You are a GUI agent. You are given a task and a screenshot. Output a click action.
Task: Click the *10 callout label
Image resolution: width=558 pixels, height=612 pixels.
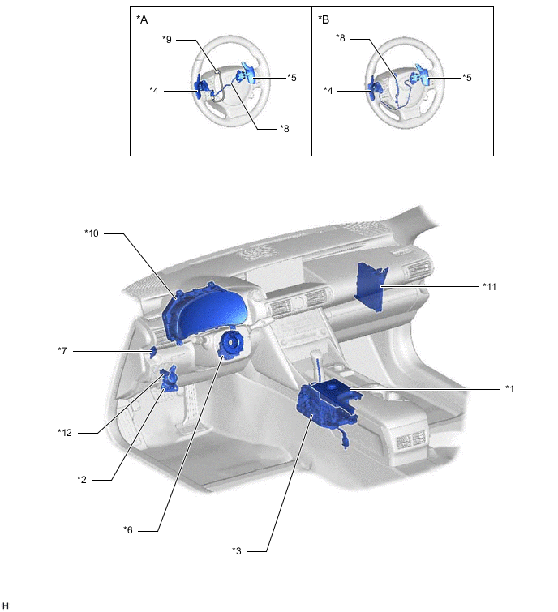[92, 233]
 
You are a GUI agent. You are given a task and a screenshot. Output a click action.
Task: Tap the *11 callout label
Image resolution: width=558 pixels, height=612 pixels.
[489, 286]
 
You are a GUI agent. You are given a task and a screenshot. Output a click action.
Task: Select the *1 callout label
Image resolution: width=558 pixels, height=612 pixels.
[509, 389]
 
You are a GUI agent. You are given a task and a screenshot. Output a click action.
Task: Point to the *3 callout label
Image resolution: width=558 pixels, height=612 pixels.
[237, 550]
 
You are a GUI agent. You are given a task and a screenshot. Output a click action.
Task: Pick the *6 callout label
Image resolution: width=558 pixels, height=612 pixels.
[128, 529]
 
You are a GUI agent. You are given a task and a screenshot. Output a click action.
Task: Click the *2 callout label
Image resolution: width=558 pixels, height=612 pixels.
[82, 479]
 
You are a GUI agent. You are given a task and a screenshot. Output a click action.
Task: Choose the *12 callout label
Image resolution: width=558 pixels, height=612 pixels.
[65, 433]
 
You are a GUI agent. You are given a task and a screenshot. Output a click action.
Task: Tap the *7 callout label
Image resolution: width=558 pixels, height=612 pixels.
[62, 350]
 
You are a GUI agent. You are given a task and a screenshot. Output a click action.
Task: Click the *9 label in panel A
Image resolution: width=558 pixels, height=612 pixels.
[167, 40]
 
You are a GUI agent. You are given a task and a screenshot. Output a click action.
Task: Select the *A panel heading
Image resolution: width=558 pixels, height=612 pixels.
[142, 19]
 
